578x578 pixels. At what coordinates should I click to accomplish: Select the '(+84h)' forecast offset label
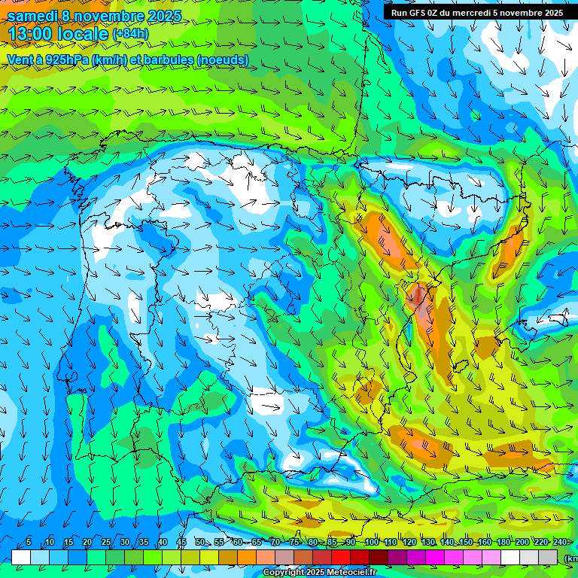click(x=130, y=34)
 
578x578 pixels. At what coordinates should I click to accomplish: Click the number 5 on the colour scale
click(x=29, y=543)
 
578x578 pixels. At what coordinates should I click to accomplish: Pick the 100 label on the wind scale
click(x=371, y=543)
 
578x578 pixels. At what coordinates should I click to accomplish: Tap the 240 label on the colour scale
click(x=559, y=543)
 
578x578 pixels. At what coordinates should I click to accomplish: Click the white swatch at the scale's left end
click(x=21, y=557)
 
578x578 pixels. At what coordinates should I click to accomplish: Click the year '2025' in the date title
click(x=160, y=15)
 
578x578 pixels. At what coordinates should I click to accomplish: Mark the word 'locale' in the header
click(x=82, y=34)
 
